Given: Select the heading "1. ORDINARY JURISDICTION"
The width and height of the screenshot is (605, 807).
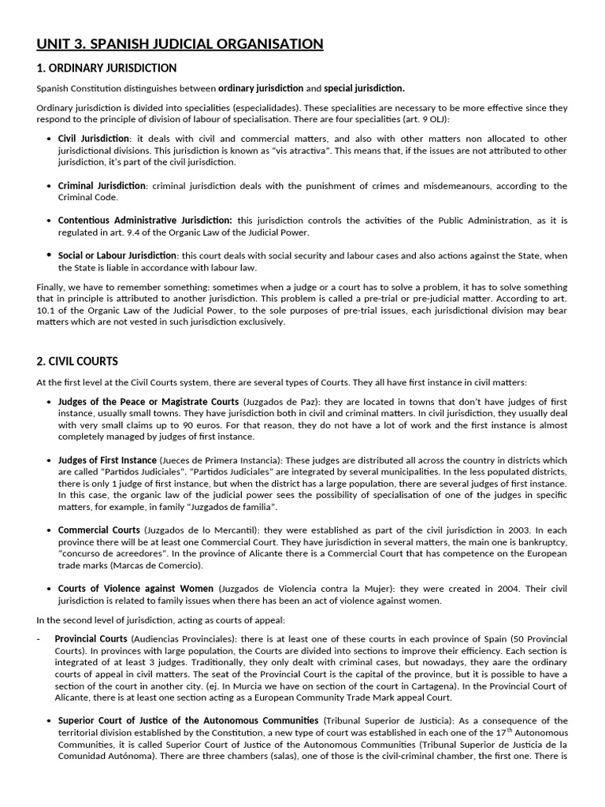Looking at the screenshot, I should point(106,69).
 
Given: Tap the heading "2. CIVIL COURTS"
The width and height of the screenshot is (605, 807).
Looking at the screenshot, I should point(77,361).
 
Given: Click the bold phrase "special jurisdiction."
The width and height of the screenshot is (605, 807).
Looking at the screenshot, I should point(365,88).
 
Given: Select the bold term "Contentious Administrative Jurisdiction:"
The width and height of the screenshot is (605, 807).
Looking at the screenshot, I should point(145,221).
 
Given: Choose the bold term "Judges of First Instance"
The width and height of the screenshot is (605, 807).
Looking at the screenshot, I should point(107,460).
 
